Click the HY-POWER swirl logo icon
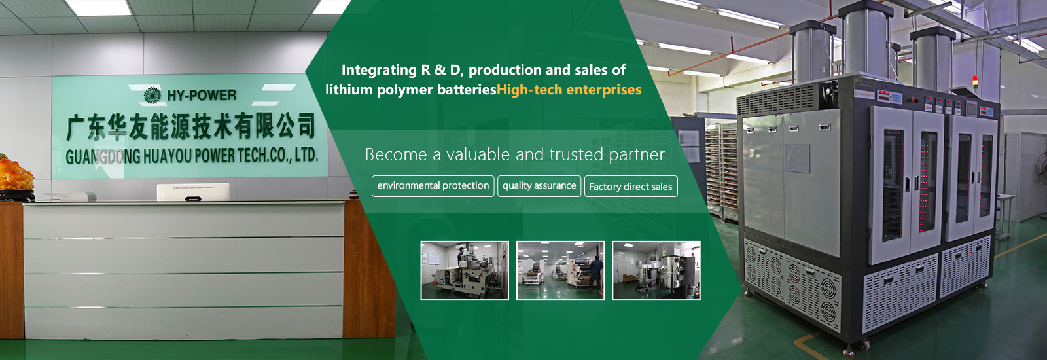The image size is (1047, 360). coord(152,96)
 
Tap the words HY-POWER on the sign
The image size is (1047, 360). coord(202,96)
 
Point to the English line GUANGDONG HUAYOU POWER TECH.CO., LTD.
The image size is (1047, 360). coord(192,156)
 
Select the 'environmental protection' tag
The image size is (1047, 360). coord(433,186)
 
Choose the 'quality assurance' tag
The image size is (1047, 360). coord(539,186)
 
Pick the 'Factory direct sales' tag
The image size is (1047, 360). coord(631,187)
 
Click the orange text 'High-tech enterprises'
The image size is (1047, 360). coord(569,89)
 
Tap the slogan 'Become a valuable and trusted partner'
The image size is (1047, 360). coord(514,154)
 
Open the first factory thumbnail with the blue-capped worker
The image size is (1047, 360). coord(465,270)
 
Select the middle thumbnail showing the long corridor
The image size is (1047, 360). coord(560,270)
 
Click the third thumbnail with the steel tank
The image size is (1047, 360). coord(656,270)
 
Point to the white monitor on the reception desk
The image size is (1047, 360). coord(193,192)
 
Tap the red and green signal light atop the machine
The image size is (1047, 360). coord(974,82)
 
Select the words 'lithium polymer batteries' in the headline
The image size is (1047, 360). coord(411,89)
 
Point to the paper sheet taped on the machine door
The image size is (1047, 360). coord(797,158)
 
